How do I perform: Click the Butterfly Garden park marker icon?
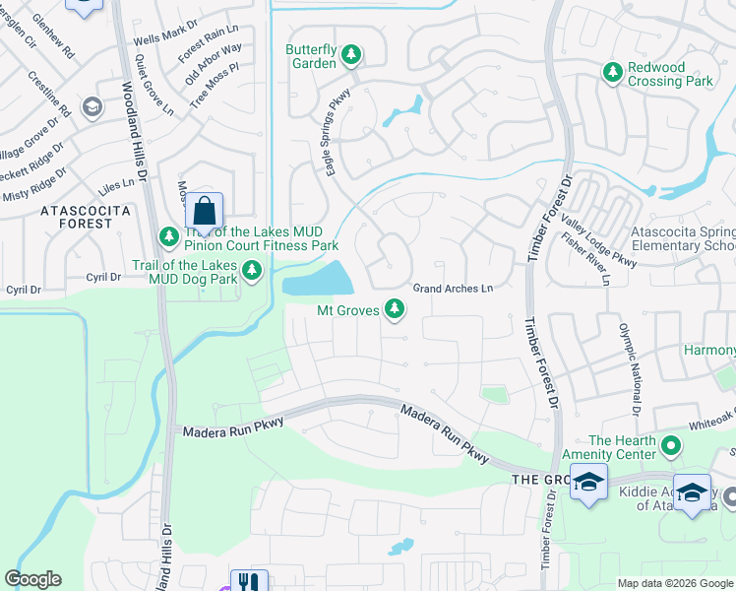351,57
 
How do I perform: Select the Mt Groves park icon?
395,310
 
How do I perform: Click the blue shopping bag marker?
204,211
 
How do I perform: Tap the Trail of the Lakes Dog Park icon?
253,269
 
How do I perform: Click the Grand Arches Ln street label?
453,289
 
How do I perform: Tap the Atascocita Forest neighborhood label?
77,217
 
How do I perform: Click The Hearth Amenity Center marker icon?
672,446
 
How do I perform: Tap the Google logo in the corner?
33,579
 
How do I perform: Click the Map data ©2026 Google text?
674,583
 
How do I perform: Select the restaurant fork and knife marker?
250,582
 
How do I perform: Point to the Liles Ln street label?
117,184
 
